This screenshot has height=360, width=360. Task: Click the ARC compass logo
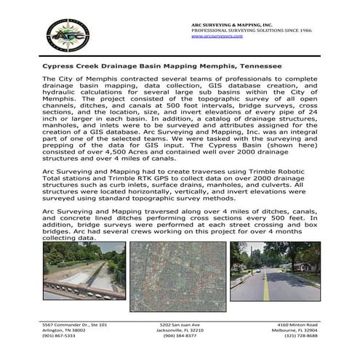pos(68,34)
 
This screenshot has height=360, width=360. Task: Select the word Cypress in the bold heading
pos(60,66)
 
